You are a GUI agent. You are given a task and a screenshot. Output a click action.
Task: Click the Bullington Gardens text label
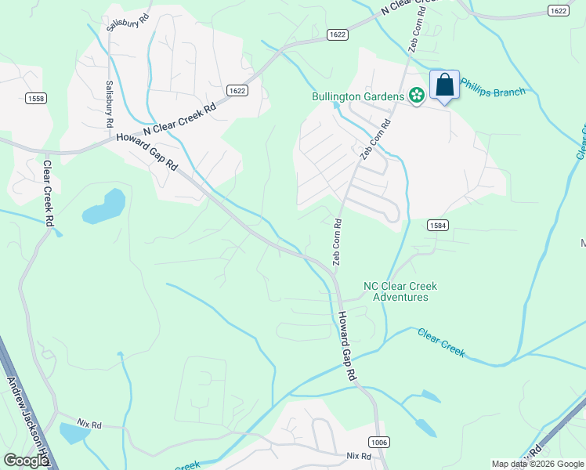358,96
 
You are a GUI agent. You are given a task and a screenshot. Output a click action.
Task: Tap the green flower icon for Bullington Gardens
416,96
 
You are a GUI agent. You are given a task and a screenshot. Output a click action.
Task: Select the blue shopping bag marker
444,85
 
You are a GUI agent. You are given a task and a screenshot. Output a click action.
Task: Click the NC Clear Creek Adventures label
400,291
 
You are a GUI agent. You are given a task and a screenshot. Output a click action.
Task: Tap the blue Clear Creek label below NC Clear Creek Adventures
441,342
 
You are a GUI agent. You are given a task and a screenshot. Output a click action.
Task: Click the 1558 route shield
36,98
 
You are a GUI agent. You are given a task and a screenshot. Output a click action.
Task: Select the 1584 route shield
438,226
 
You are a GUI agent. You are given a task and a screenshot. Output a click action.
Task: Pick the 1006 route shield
378,443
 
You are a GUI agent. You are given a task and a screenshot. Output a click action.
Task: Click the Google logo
26,460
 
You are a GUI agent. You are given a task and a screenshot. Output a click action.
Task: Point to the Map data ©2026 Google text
537,464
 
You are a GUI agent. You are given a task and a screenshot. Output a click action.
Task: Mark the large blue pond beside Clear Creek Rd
104,206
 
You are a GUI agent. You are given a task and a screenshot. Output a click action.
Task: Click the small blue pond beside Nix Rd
74,432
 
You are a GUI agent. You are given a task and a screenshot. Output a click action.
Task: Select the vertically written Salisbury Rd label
109,104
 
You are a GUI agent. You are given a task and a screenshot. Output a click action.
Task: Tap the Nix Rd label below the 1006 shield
357,455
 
